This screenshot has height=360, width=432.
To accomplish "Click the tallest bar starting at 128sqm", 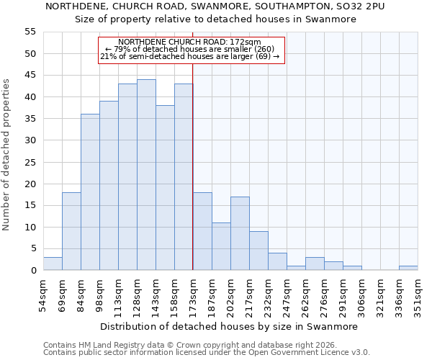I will click(x=146, y=175).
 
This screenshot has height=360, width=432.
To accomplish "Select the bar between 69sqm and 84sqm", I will click(x=71, y=231).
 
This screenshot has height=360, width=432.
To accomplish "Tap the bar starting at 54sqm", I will click(x=53, y=264).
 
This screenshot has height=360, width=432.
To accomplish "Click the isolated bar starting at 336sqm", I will click(x=408, y=268).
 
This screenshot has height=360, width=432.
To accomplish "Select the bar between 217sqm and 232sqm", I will click(x=258, y=251).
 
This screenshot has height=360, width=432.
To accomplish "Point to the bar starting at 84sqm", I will click(x=90, y=192).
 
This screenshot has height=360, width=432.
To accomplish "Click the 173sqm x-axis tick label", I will click(x=193, y=294).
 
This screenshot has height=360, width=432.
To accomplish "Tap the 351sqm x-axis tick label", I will click(x=418, y=294).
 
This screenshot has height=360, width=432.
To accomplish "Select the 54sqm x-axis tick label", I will click(x=43, y=294).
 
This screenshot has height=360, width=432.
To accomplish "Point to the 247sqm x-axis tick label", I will click(x=287, y=294).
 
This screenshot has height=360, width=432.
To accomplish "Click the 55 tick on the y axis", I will click(x=30, y=32).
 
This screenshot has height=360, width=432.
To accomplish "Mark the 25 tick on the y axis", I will click(x=30, y=162).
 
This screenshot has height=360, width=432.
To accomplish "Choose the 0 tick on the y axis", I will click(x=32, y=271).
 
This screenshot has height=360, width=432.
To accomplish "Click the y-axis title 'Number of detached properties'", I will click(x=7, y=155).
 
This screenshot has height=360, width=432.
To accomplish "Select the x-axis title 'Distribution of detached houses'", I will click(x=229, y=326).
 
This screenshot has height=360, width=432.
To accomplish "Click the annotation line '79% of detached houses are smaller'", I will click(x=191, y=49).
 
